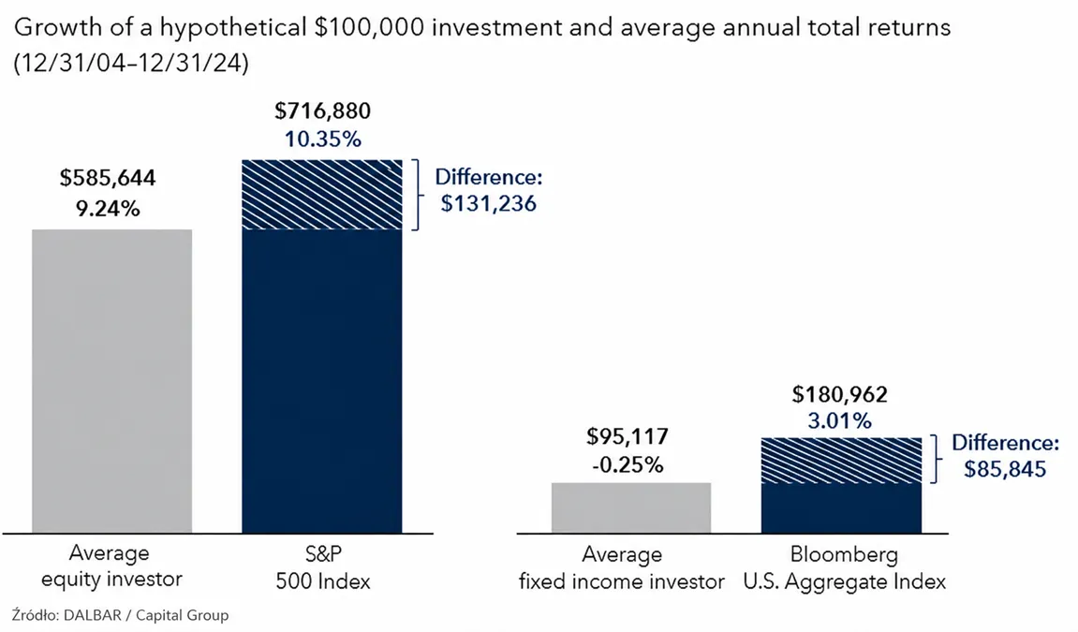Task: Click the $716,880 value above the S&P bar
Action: (x=322, y=111)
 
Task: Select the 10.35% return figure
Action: (x=322, y=140)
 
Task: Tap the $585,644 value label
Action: (x=108, y=178)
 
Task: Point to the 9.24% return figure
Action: (x=108, y=208)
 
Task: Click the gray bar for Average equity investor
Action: (x=112, y=381)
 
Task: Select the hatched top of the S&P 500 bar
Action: (x=322, y=195)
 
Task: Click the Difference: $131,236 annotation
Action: (x=488, y=190)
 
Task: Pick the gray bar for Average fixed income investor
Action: (x=631, y=507)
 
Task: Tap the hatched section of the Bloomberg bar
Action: (x=841, y=461)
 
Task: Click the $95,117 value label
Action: (x=627, y=436)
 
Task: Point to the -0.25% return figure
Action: (x=628, y=465)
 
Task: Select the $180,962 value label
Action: (x=839, y=394)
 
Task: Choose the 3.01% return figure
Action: (x=839, y=420)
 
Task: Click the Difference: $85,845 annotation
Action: (x=1005, y=455)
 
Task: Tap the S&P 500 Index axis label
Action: (x=322, y=567)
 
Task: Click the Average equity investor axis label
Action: (x=111, y=566)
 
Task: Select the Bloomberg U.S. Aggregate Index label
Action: (x=844, y=568)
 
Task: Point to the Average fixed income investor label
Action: (x=622, y=568)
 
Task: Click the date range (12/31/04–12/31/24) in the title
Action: (x=130, y=64)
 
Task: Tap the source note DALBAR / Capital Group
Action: (x=146, y=615)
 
